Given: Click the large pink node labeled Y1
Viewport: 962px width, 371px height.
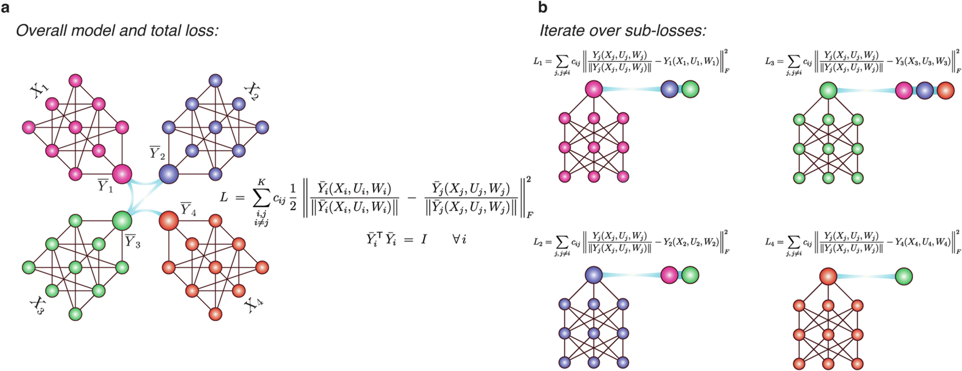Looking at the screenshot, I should (122, 174).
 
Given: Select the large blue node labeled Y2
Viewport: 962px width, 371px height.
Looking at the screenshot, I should (168, 174).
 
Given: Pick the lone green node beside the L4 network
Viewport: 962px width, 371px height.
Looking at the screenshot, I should (904, 277).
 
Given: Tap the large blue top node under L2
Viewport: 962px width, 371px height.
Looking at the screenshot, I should (593, 275).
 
